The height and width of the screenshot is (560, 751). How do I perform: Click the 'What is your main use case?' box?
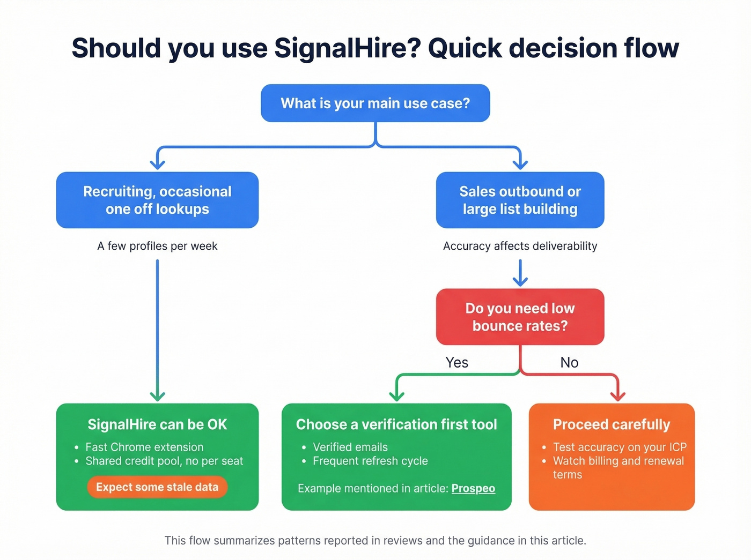[x=375, y=103]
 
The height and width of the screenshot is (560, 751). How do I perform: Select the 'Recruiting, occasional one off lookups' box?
[x=157, y=200]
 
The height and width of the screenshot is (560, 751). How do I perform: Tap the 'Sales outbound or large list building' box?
[x=520, y=200]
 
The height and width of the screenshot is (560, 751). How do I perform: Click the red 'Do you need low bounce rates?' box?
[x=520, y=317]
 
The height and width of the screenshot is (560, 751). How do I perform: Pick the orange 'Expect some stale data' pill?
[x=157, y=487]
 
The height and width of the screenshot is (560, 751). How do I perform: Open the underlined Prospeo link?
[x=473, y=488]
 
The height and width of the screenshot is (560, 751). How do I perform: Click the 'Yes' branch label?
[x=457, y=363]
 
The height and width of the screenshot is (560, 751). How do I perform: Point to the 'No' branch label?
[x=569, y=363]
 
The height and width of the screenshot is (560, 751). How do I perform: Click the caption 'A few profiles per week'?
[x=157, y=246]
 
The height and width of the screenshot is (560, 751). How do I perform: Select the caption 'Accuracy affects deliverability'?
[x=520, y=246]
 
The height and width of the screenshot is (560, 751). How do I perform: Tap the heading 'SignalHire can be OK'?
[x=157, y=424]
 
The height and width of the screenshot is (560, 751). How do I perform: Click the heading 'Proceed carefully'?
[x=612, y=424]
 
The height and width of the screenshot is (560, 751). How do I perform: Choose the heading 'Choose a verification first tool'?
[x=396, y=424]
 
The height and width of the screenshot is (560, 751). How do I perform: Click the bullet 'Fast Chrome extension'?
[x=144, y=447]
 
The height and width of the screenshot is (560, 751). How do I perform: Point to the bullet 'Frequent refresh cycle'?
[x=370, y=461]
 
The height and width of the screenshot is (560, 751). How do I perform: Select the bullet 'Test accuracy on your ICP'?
[x=620, y=447]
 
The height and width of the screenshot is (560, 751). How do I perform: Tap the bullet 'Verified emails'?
[x=350, y=447]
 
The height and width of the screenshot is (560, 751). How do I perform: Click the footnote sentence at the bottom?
[x=375, y=540]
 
